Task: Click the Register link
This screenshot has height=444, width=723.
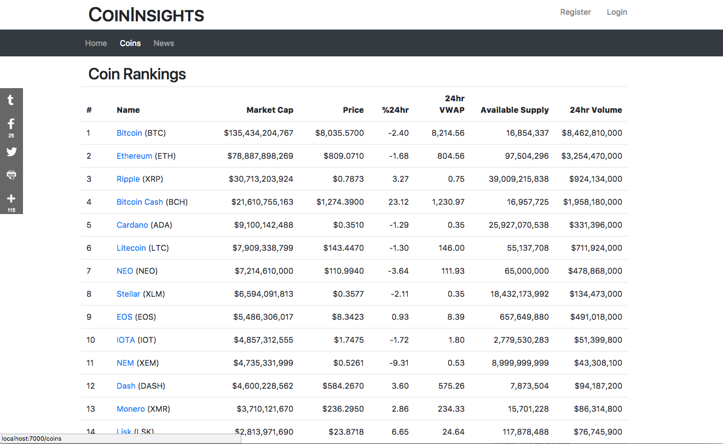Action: tap(575, 12)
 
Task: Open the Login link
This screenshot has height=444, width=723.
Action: tap(617, 12)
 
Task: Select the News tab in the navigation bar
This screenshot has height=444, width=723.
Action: tap(164, 43)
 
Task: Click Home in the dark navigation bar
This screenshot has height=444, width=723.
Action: tap(96, 43)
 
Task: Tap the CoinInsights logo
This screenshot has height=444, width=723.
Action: tap(146, 15)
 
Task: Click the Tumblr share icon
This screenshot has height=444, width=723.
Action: tap(11, 100)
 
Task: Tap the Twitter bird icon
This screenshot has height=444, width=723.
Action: tap(11, 152)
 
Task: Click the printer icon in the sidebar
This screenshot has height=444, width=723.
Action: tap(11, 175)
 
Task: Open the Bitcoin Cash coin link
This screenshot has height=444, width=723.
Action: tap(140, 202)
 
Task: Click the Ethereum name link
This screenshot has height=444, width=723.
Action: tap(134, 156)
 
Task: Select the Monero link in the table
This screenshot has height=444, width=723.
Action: tap(131, 409)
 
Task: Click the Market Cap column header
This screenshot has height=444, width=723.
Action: tap(270, 110)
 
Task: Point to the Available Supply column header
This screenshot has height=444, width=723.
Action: tap(514, 110)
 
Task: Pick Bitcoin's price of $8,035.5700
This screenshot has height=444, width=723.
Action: tap(339, 133)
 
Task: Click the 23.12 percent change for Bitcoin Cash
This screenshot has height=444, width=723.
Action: tap(398, 202)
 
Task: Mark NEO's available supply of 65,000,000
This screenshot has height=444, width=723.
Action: tap(527, 271)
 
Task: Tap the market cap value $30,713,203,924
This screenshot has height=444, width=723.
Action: tap(261, 179)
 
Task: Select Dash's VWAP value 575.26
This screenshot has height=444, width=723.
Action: tap(451, 386)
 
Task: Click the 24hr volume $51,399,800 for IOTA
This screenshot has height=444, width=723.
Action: tap(598, 339)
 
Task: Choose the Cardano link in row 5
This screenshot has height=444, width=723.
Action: tap(132, 225)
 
